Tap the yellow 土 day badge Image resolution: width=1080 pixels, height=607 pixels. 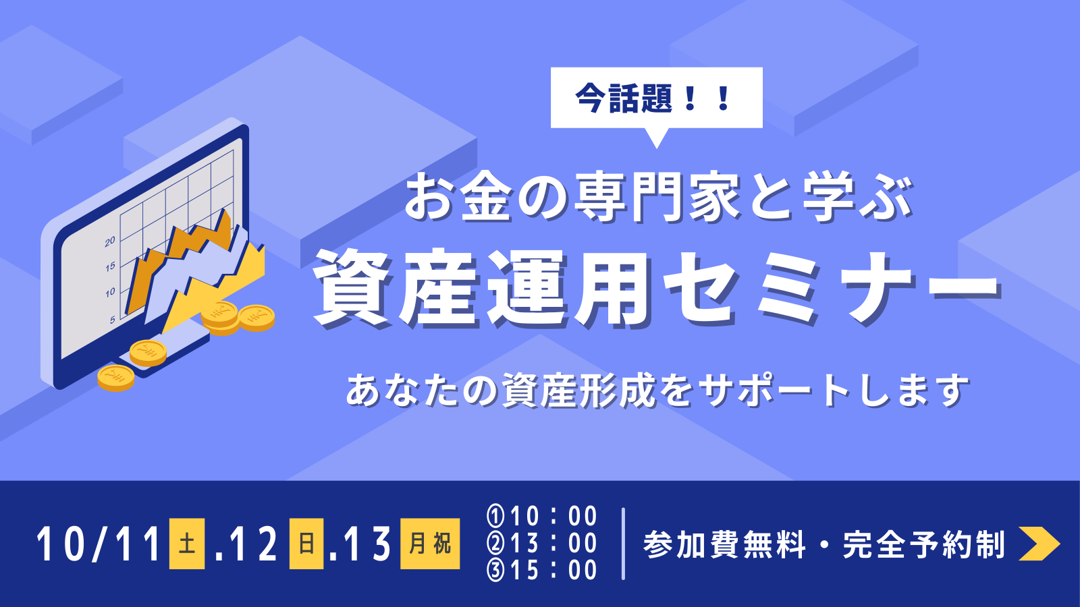[x=187, y=544]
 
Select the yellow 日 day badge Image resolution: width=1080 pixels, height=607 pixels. [x=306, y=544]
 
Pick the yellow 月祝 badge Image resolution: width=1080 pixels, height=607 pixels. [x=430, y=544]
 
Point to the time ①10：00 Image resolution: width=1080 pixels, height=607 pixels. [x=543, y=516]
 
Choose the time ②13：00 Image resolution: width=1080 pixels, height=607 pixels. [x=543, y=544]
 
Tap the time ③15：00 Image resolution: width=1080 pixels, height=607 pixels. [x=543, y=571]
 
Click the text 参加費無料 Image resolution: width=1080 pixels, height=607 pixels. [x=724, y=544]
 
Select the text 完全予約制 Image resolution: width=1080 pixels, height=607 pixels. [x=924, y=544]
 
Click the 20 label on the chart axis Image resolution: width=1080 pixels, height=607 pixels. [x=110, y=241]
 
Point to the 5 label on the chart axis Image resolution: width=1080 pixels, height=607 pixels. [x=112, y=320]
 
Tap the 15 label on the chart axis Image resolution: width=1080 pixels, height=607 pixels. [x=110, y=266]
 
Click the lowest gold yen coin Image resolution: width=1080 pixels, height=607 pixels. [x=115, y=378]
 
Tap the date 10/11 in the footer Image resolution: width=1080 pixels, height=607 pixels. [x=99, y=544]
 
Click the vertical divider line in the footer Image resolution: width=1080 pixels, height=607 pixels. [x=624, y=544]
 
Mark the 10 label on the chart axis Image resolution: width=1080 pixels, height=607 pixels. [x=110, y=293]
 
